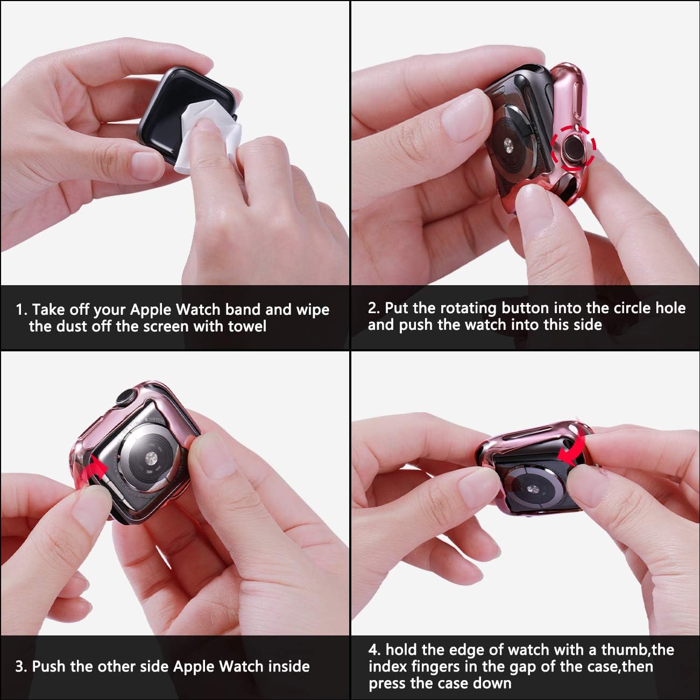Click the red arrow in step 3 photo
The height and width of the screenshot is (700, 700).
pyautogui.click(x=96, y=466)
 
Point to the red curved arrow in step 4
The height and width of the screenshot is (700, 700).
pyautogui.click(x=572, y=452)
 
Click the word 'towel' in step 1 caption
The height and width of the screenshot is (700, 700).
pyautogui.click(x=247, y=326)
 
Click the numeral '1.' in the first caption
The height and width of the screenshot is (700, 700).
pyautogui.click(x=22, y=310)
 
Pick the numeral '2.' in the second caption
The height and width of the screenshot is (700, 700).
pyautogui.click(x=374, y=308)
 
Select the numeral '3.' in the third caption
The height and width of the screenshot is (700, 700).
pyautogui.click(x=22, y=667)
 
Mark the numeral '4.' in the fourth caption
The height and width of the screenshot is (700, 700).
pyautogui.click(x=374, y=650)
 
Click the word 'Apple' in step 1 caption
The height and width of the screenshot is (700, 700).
pyautogui.click(x=151, y=310)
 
